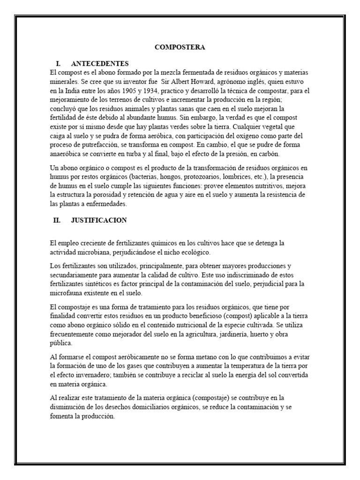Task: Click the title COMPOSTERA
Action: (x=180, y=47)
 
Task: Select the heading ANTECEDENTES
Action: (x=99, y=63)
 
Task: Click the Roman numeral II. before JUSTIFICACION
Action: (x=57, y=220)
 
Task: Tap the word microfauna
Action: (x=67, y=292)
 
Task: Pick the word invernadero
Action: (x=96, y=375)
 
